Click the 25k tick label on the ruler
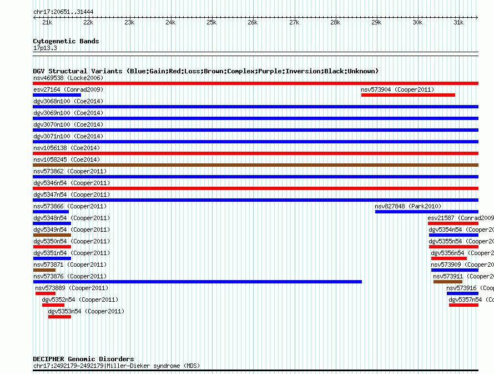211,23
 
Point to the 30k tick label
417,23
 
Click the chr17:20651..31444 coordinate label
63,12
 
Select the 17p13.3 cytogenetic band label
45,48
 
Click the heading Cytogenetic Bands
65,41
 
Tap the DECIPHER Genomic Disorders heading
83,359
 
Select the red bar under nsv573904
408,95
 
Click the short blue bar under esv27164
57,95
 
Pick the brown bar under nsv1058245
255,165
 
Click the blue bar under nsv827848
426,212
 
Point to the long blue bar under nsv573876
197,282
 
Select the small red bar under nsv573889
46,293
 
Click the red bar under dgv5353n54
59,317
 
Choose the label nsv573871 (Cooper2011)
70,265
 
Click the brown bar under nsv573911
447,282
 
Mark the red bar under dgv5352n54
53,305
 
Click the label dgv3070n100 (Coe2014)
68,124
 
